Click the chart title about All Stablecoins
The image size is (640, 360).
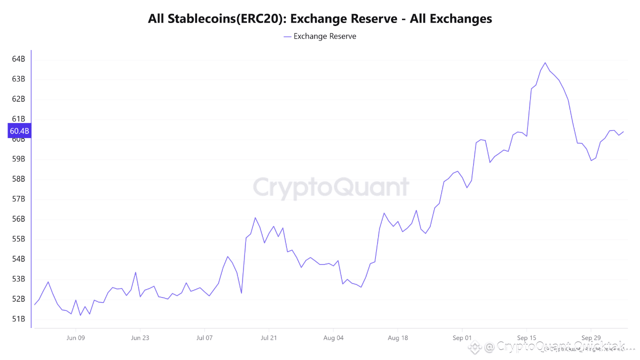[x=320, y=19]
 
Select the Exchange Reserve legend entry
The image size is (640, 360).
[x=320, y=36]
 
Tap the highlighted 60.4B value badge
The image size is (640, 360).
[x=19, y=131]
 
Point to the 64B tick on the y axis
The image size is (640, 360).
[x=18, y=59]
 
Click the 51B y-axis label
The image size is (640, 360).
[x=18, y=319]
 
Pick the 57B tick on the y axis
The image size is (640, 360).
[x=18, y=199]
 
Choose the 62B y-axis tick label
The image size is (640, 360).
[x=18, y=99]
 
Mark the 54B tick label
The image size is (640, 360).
[x=18, y=259]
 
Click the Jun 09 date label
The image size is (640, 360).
[x=75, y=337]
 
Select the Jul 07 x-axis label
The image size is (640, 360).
[x=204, y=337]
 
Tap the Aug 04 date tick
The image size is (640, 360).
[x=333, y=337]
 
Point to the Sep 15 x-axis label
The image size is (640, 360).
[x=526, y=337]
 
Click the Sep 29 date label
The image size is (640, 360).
[x=590, y=337]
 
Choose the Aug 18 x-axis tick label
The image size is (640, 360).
[x=397, y=337]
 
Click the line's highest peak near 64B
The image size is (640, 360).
[x=545, y=63]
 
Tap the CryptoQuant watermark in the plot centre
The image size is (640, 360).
[x=330, y=188]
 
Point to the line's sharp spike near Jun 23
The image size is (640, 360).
[x=135, y=272]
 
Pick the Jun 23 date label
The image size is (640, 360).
[x=140, y=337]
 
